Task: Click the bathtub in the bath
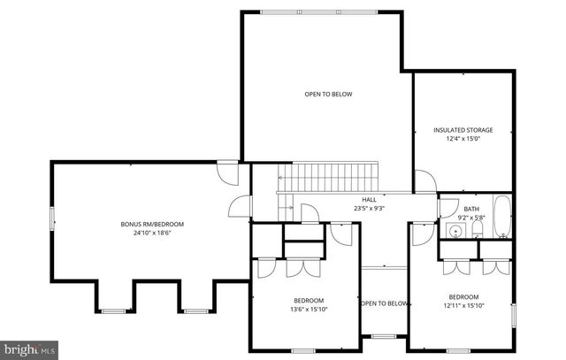click(x=501, y=218)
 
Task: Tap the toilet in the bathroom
click(x=475, y=231)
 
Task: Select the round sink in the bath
click(x=455, y=232)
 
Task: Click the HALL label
click(x=369, y=200)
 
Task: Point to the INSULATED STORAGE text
click(x=463, y=130)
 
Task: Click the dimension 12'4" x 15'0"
click(x=463, y=139)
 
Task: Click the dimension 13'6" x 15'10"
click(x=308, y=310)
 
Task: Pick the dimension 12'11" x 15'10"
click(x=463, y=306)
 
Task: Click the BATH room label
click(x=459, y=209)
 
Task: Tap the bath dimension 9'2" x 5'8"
click(x=459, y=218)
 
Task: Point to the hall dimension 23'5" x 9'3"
click(x=369, y=209)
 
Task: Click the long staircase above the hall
click(x=328, y=176)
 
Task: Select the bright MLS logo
click(x=29, y=349)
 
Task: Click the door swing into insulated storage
click(x=426, y=180)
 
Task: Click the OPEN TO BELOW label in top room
click(x=328, y=94)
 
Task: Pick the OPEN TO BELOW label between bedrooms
click(x=384, y=303)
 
